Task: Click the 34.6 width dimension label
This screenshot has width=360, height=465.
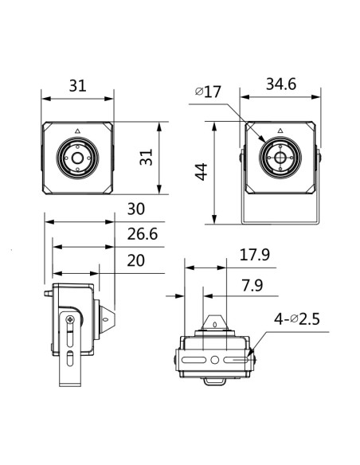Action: click(281, 84)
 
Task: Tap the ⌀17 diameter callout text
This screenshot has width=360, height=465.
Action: click(208, 92)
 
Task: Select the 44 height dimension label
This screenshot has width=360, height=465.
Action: click(201, 172)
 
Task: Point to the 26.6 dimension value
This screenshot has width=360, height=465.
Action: click(143, 234)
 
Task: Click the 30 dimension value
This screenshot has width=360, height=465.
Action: click(136, 209)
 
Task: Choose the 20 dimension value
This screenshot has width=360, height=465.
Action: click(136, 260)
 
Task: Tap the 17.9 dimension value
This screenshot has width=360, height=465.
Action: click(254, 255)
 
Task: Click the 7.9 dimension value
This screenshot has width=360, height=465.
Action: click(252, 286)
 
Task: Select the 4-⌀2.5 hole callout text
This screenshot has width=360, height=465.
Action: click(296, 319)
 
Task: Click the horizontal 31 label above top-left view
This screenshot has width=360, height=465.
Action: click(78, 86)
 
